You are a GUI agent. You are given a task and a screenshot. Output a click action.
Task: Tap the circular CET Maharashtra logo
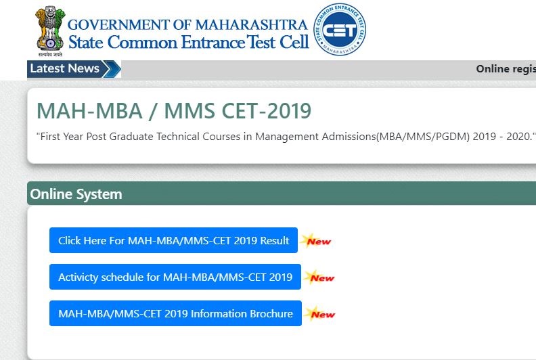[x=340, y=30]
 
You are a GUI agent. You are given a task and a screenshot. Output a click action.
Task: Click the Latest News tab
[x=65, y=68]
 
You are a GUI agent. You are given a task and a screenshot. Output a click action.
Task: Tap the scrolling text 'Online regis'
[x=506, y=69]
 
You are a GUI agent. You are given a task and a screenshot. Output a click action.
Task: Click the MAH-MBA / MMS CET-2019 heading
[x=173, y=111]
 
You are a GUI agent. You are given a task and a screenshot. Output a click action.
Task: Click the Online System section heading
[x=76, y=194]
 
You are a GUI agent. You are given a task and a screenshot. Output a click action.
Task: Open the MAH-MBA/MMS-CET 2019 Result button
[x=173, y=240]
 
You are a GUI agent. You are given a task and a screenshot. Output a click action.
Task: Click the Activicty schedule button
[x=175, y=277]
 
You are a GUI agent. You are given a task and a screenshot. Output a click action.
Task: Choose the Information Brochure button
[x=175, y=313]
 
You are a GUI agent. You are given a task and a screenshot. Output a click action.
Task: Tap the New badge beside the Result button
[x=317, y=241]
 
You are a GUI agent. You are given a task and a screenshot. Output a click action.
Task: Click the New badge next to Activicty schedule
[x=320, y=277]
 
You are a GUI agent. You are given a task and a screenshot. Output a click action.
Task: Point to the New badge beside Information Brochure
[x=321, y=314]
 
